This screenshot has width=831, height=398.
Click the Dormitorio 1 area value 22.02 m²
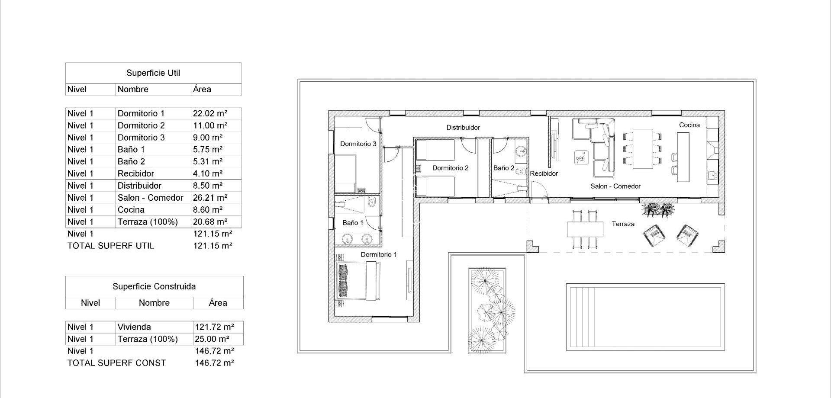210,113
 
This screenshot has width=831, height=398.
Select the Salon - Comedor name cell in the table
150,198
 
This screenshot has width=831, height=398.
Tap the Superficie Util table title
153,73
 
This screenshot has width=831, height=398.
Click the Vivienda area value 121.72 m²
214,327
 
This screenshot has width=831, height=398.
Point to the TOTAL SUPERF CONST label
116,363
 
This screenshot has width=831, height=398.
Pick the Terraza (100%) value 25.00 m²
212,339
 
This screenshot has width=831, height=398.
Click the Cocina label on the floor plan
689,125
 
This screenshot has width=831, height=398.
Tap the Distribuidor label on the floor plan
463,128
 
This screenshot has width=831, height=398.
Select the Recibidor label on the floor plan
544,173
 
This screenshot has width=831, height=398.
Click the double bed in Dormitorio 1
358,281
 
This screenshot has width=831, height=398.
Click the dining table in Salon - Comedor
642,148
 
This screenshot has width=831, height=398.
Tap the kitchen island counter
683,157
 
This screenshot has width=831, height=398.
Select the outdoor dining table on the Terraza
585,229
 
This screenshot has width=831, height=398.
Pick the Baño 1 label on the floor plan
353,223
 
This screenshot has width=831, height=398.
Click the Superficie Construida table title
154,286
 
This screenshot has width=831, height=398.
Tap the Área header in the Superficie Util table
202,90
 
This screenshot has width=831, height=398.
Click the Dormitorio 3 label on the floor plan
358,144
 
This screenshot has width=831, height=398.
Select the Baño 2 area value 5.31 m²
208,161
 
